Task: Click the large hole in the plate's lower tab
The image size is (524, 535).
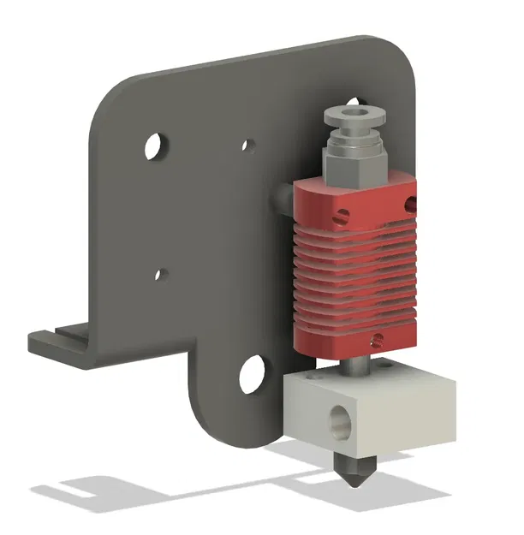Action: [253, 374]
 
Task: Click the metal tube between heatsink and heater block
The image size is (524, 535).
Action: [354, 365]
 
